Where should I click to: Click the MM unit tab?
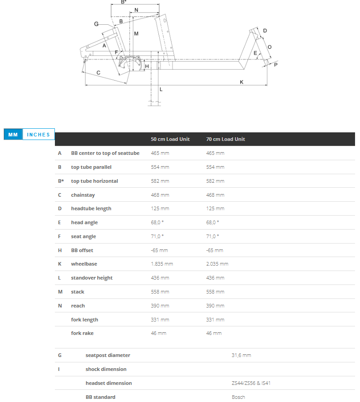(13, 135)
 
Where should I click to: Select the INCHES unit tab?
(39, 135)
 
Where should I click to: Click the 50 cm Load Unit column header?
(170, 139)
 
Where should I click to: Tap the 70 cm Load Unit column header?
(225, 139)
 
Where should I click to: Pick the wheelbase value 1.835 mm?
(162, 264)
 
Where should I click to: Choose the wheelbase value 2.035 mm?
(217, 264)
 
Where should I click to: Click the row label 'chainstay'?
(83, 195)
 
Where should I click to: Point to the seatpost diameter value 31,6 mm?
(241, 355)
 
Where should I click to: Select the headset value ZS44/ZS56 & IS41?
(251, 383)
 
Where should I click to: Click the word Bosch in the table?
(238, 397)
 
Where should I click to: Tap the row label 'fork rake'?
(82, 333)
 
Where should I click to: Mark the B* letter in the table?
(60, 181)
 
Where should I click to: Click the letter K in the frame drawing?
(242, 82)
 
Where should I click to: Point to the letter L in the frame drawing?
(161, 89)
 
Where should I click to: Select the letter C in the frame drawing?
(98, 72)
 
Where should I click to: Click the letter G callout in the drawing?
(96, 24)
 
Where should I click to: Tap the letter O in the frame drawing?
(270, 47)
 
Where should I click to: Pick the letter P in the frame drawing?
(275, 64)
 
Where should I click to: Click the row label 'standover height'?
(91, 278)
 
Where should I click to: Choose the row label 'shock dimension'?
(106, 369)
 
